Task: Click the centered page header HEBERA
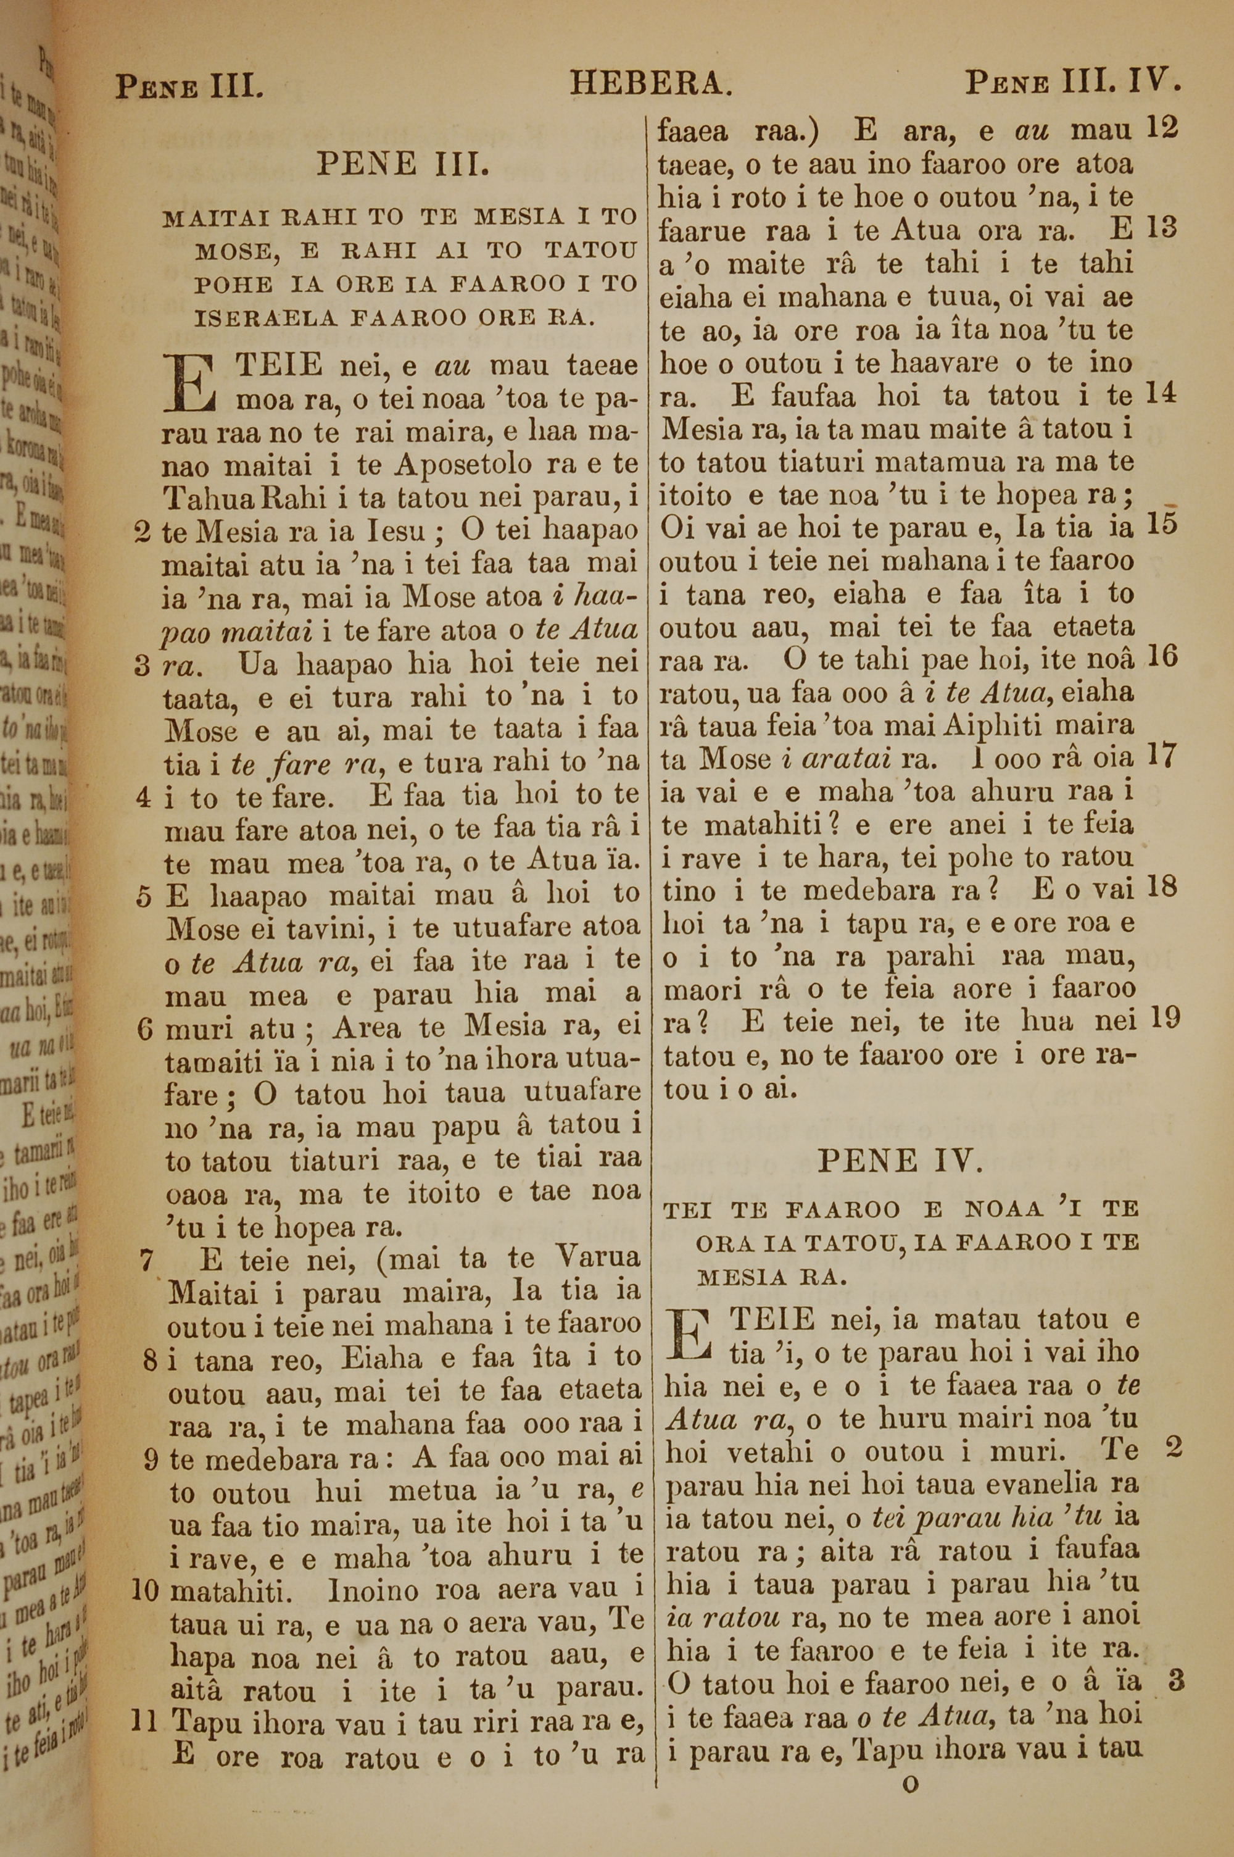pos(652,83)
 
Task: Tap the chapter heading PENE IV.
pos(900,1161)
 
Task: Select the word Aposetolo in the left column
pos(466,465)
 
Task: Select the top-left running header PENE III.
pos(189,86)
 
